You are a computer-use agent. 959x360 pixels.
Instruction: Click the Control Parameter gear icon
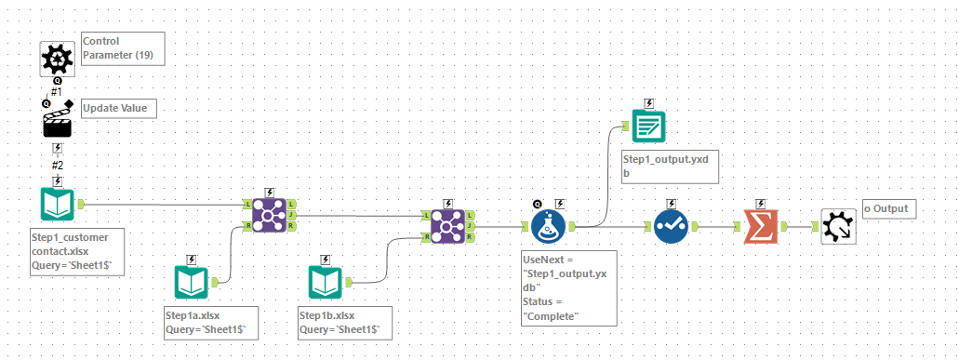[58, 58]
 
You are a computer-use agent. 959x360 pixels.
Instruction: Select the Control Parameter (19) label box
[123, 48]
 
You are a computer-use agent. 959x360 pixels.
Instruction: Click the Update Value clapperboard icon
[58, 123]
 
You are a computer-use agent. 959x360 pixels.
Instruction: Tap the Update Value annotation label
[118, 109]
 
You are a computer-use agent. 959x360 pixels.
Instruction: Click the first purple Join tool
[269, 215]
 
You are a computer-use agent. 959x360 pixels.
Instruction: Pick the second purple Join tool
[448, 225]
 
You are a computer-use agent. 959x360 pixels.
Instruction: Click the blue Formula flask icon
[549, 226]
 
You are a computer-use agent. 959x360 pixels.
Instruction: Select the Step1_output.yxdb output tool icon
[648, 125]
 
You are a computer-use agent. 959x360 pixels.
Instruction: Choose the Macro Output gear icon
[838, 226]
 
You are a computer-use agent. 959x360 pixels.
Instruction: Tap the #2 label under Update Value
[57, 165]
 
